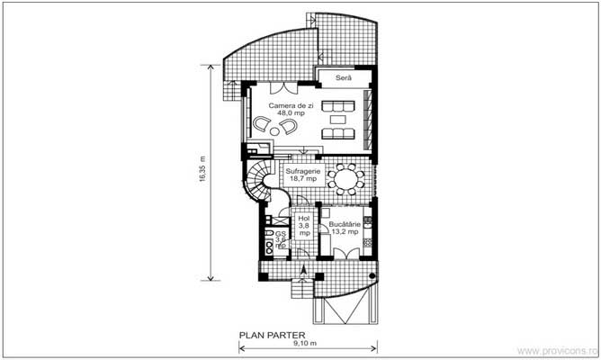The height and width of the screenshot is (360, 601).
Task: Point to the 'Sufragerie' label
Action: coord(301,170)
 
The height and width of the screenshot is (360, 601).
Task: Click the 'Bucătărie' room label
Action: coord(344,224)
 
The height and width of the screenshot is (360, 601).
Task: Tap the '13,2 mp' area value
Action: coord(344,232)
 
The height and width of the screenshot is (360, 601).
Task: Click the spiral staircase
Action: coord(263,184)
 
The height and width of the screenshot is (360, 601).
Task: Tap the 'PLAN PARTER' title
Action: coord(273,333)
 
